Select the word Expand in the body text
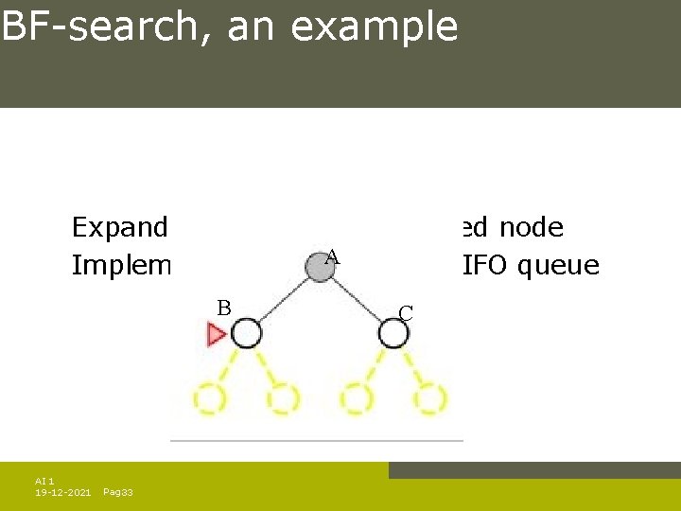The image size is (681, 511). click(x=120, y=228)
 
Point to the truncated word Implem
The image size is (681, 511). click(x=122, y=266)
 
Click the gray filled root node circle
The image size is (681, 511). click(x=321, y=268)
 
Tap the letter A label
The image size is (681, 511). click(x=332, y=255)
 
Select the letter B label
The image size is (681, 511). click(x=224, y=308)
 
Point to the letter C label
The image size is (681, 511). click(x=405, y=313)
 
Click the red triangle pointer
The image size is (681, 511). click(x=217, y=334)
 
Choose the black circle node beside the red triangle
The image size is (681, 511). click(x=246, y=333)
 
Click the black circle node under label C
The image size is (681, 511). click(x=393, y=333)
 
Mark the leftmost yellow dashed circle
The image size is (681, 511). click(x=209, y=398)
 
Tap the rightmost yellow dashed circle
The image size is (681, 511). click(x=429, y=398)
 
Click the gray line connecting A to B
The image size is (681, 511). click(x=283, y=300)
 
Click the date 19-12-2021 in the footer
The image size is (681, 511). click(x=63, y=492)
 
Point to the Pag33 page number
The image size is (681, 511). click(x=117, y=492)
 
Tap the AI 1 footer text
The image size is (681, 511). click(x=44, y=481)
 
